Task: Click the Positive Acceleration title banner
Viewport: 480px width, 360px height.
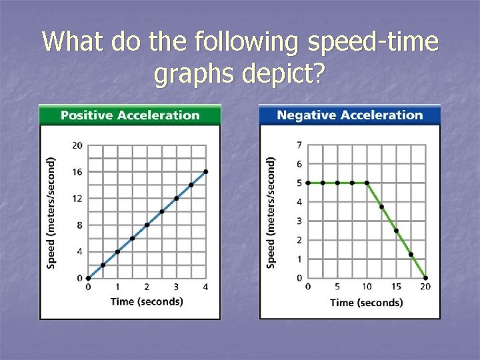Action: point(130,115)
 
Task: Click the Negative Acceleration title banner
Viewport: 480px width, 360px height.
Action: point(349,115)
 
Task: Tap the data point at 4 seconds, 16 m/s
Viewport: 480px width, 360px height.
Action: point(205,171)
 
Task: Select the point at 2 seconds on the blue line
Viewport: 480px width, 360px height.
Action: point(147,225)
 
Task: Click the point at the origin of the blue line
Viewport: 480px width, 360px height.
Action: point(88,278)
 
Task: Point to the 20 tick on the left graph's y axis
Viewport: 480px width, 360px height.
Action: point(77,145)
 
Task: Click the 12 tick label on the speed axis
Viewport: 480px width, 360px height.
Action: point(77,199)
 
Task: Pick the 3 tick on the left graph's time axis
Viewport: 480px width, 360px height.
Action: point(176,287)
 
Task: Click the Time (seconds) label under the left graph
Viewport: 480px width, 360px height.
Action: point(147,301)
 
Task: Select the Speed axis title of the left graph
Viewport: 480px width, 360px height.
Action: point(52,212)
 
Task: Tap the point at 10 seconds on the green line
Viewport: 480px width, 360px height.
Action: point(367,183)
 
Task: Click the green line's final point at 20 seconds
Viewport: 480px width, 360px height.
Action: point(425,278)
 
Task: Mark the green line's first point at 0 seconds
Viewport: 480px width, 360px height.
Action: point(308,183)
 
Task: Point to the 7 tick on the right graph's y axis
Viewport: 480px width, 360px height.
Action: point(299,145)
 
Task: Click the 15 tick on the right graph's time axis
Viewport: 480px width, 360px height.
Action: point(396,287)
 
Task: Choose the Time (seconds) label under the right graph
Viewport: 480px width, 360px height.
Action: point(367,303)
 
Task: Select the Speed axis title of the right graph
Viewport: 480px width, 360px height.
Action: point(271,212)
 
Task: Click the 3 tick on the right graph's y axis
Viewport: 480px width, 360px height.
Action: point(299,221)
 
